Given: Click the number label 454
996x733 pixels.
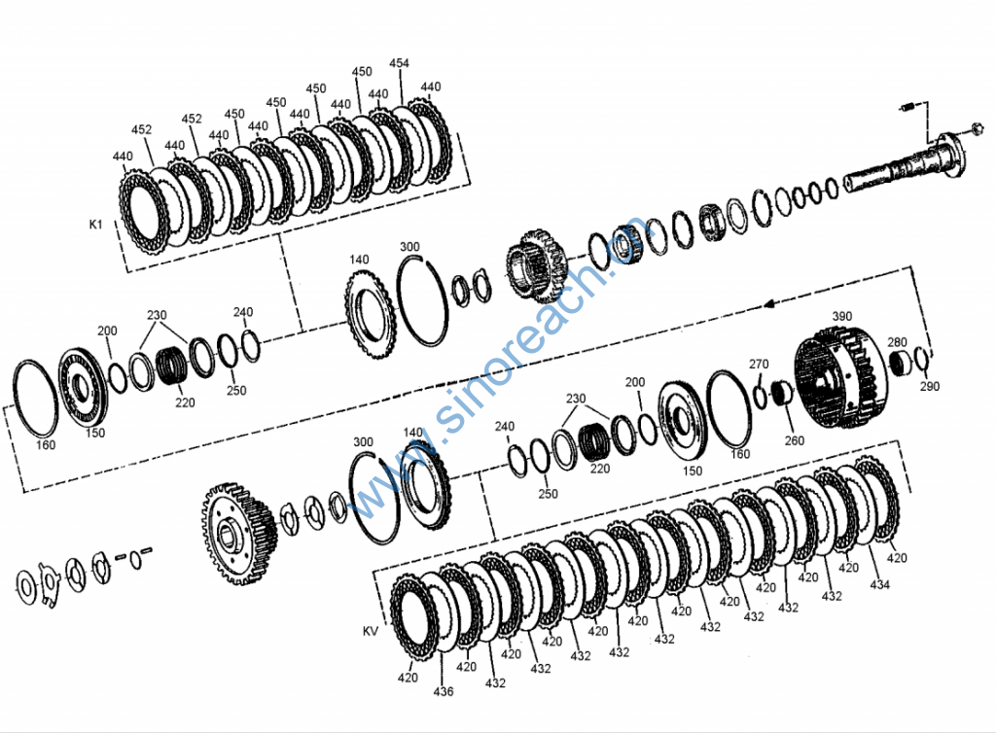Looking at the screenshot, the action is (x=399, y=63).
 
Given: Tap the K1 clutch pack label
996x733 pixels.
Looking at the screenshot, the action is (x=95, y=224).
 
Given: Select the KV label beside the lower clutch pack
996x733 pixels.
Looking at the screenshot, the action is (x=371, y=631).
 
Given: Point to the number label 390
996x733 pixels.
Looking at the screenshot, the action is (x=841, y=316).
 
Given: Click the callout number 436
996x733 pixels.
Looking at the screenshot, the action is (x=444, y=691).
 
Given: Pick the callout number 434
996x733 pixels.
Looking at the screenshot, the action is (x=879, y=584).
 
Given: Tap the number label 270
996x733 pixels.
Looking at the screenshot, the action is (x=759, y=364).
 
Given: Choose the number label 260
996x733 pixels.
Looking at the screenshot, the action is (x=794, y=440).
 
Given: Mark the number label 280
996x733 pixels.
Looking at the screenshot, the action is (x=897, y=342).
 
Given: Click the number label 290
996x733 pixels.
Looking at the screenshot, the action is (x=929, y=386).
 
